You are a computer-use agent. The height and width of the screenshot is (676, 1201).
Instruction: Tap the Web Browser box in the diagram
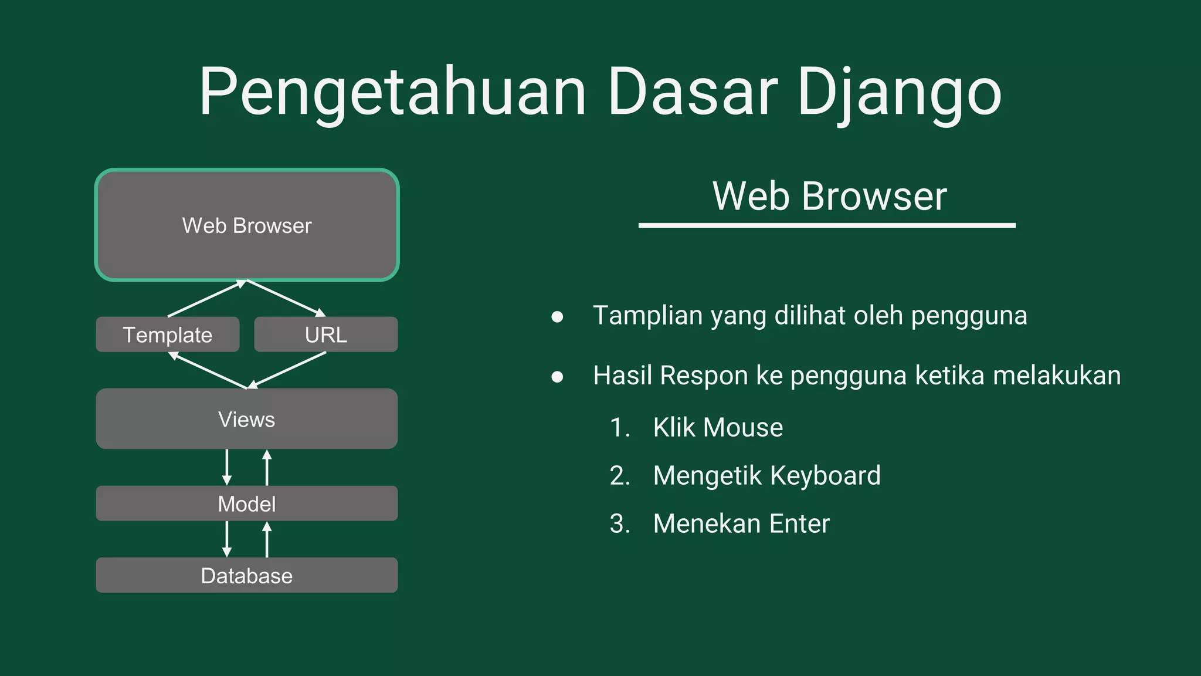coord(247,225)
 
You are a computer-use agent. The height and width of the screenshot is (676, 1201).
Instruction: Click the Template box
coord(168,334)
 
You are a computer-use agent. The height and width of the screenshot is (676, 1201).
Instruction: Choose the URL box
coord(326,334)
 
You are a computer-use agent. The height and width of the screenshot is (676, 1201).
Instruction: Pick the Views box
coord(247,419)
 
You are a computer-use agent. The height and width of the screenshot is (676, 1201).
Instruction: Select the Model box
coord(247,503)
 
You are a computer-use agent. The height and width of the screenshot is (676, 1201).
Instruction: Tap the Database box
coord(247,575)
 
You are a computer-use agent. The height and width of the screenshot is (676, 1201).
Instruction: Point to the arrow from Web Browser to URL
coord(286,299)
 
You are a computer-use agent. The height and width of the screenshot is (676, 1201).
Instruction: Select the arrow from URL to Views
coord(287,370)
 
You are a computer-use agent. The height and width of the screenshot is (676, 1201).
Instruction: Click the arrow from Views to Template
coord(208,370)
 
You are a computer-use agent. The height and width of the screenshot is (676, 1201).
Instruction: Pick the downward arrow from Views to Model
coord(227,467)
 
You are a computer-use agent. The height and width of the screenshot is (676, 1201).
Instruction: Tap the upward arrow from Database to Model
coord(267,539)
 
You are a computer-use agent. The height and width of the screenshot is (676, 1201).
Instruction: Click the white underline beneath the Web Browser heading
coord(827,225)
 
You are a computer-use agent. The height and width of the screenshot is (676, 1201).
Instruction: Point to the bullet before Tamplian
coord(557,317)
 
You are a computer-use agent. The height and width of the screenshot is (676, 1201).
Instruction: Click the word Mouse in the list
coord(743,428)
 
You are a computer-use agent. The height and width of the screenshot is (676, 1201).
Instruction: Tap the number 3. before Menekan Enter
coord(620,524)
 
